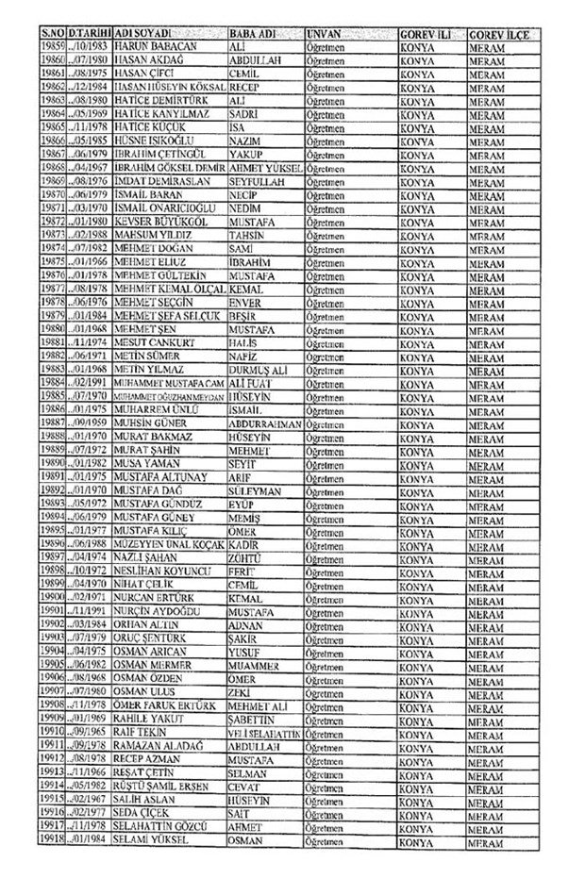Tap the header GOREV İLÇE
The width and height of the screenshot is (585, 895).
coord(501,33)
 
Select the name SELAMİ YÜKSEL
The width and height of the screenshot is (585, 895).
coord(148,841)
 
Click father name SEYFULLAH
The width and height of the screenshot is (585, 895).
coord(260,180)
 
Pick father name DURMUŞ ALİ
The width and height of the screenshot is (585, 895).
coord(259,370)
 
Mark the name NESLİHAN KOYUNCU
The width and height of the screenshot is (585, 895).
coord(158,572)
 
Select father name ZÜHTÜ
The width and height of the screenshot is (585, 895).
coord(248,558)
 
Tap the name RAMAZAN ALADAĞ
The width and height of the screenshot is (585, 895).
coord(157,746)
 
